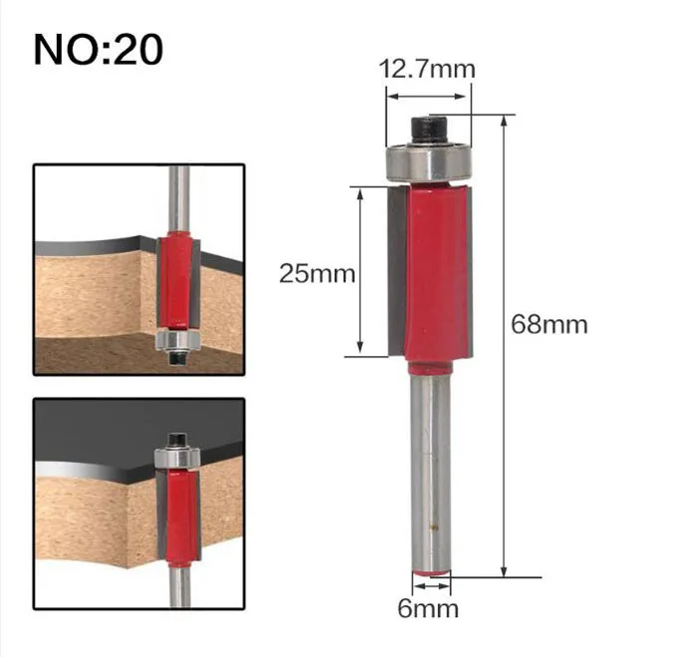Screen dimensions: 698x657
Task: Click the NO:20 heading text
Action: coord(99,50)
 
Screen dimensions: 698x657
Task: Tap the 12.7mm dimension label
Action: coord(427,70)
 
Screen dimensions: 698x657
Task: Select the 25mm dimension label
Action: coord(317,273)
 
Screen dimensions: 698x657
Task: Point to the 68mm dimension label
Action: coord(548,324)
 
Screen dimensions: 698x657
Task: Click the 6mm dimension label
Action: coord(428,608)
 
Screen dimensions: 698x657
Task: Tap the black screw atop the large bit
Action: coord(429,130)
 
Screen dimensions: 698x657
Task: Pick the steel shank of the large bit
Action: coord(431,471)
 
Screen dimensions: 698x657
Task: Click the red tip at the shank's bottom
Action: coord(431,572)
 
